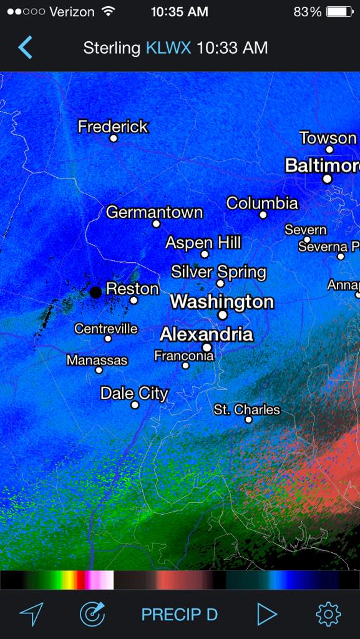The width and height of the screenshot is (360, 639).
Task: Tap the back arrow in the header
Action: (x=25, y=47)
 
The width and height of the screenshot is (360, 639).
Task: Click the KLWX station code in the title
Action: (x=168, y=48)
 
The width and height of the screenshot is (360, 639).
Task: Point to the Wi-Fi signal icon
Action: (x=109, y=12)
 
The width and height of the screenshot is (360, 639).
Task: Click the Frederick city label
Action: (x=113, y=127)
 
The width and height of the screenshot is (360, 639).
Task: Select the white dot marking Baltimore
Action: (x=327, y=179)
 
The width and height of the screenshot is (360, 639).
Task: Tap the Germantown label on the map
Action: (x=154, y=212)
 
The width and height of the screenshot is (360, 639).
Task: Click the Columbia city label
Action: (x=262, y=203)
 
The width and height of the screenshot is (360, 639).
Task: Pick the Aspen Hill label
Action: (x=203, y=243)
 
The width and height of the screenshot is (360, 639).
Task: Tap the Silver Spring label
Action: (x=218, y=272)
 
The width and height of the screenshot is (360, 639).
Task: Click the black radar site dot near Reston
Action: (x=95, y=292)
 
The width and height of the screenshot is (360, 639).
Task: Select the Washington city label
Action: (x=221, y=302)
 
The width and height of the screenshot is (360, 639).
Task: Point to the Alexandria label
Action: (x=207, y=334)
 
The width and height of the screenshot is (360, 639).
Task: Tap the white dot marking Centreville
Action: (x=108, y=339)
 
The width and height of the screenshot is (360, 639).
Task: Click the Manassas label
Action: (x=97, y=360)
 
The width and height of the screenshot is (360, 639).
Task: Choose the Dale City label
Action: (x=134, y=393)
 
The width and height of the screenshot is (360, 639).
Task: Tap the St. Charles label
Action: (x=247, y=409)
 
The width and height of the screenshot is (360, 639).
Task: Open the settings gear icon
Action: (x=328, y=614)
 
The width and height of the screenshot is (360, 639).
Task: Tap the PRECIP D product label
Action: (x=180, y=615)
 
